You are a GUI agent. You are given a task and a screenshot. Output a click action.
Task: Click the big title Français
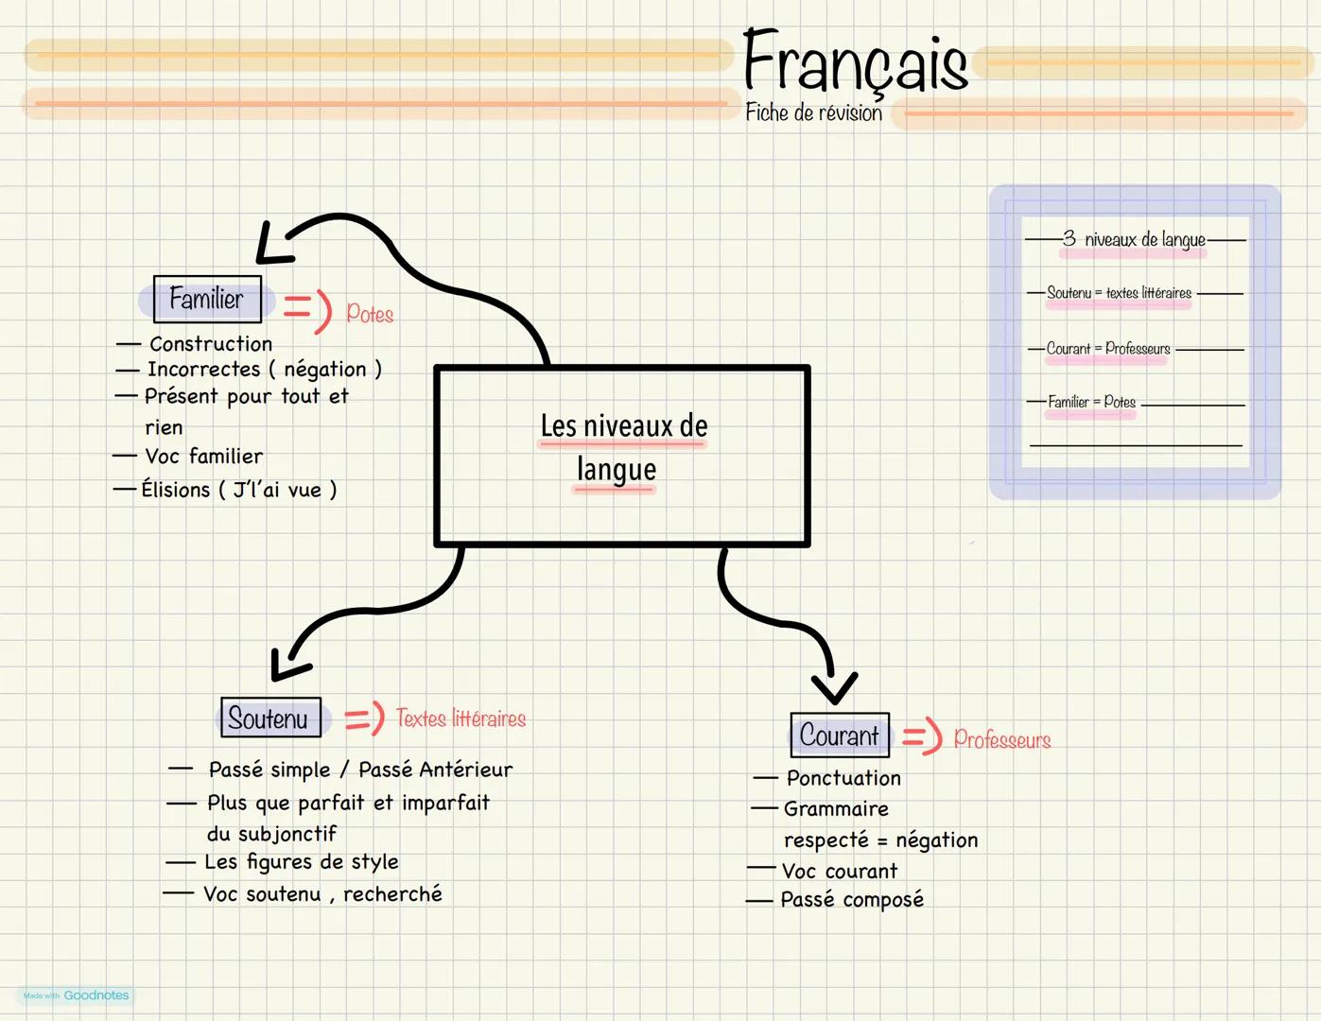(x=855, y=62)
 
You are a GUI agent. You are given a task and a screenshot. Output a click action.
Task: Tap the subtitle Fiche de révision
(x=813, y=113)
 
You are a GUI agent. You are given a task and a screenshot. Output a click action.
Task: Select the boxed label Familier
(x=206, y=300)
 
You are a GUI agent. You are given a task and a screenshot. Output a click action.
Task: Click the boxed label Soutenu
(x=269, y=718)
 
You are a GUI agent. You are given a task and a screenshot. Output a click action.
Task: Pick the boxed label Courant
(x=839, y=735)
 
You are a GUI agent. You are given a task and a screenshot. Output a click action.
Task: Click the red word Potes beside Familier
(x=370, y=314)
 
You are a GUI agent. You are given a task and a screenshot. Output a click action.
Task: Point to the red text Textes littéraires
(x=461, y=718)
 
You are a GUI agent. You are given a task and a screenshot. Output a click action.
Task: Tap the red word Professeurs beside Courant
(x=1002, y=739)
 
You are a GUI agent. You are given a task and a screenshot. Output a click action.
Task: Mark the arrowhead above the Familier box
(x=270, y=246)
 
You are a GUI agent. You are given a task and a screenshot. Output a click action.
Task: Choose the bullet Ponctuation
(x=843, y=778)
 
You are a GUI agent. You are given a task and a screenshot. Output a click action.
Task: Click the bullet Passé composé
(x=852, y=900)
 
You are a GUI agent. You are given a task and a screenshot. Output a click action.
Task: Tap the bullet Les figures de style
(x=302, y=862)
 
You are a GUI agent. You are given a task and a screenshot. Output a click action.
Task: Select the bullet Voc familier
(x=203, y=457)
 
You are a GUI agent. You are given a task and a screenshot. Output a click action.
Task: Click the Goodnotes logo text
(x=96, y=995)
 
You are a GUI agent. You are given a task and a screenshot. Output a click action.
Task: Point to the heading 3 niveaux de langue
(x=1135, y=239)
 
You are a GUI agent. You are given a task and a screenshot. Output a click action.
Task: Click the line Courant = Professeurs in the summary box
(x=1108, y=349)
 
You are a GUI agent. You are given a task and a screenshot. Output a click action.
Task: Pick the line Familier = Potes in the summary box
(x=1091, y=403)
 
